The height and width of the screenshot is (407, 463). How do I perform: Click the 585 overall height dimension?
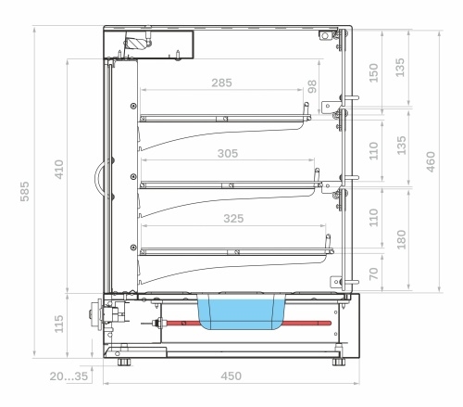25,192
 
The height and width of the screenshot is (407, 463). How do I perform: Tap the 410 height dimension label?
59,170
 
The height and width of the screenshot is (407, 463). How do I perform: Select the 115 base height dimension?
59,324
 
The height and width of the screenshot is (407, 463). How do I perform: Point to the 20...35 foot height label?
69,376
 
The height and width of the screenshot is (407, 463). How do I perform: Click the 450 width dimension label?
231,375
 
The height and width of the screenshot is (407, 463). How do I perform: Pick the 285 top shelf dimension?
221,83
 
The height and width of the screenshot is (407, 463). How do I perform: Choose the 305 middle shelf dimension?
228,153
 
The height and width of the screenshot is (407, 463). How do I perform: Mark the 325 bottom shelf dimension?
233,219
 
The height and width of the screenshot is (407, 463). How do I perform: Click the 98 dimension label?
312,86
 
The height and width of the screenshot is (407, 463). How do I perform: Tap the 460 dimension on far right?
431,161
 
